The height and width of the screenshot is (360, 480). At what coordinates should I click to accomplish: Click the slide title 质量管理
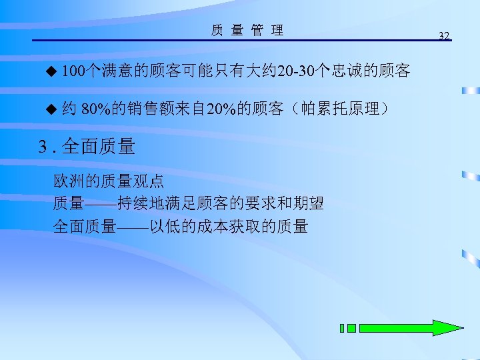pyautogui.click(x=247, y=30)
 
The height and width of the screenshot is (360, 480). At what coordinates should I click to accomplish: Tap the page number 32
pyautogui.click(x=445, y=35)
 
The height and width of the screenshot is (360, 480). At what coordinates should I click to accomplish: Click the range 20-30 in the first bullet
pyautogui.click(x=296, y=71)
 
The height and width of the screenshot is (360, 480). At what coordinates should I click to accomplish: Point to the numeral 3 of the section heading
pyautogui.click(x=43, y=147)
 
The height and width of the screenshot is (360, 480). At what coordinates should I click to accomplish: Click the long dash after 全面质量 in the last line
pyautogui.click(x=132, y=227)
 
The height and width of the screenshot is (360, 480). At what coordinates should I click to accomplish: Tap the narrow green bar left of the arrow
pyautogui.click(x=342, y=328)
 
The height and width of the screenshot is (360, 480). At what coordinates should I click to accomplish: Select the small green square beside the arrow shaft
pyautogui.click(x=351, y=328)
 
